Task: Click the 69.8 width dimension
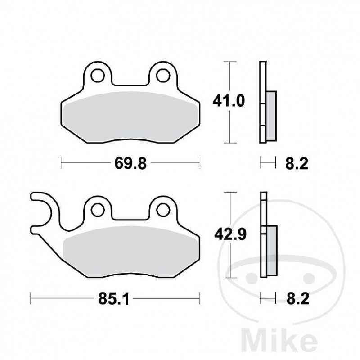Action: click(130, 163)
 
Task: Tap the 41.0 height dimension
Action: click(229, 102)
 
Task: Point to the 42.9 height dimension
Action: click(229, 234)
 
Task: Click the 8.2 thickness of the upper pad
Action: click(297, 163)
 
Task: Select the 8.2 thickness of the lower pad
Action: click(297, 299)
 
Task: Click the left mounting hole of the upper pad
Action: click(97, 76)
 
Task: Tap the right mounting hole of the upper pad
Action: click(162, 76)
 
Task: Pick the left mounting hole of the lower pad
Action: click(98, 209)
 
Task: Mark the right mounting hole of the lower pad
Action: click(163, 209)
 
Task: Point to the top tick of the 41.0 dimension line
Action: click(230, 61)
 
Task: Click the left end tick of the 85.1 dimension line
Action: click(31, 297)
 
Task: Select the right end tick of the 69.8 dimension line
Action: click(200, 162)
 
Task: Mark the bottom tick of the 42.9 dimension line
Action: click(230, 276)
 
